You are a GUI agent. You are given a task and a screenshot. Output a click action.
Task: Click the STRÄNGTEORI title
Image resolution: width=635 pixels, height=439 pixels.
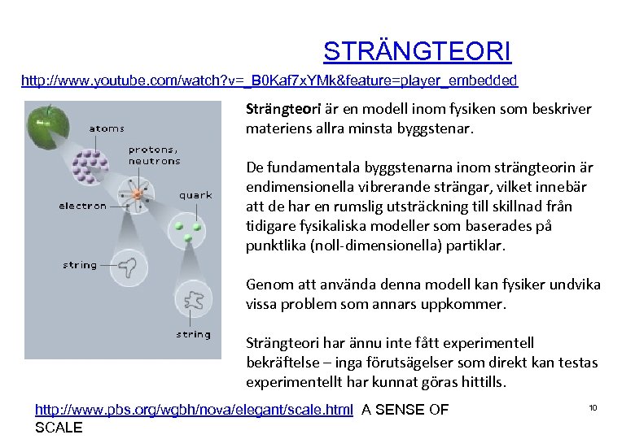417,51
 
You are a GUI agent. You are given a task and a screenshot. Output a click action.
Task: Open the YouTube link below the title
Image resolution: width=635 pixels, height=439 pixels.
269,80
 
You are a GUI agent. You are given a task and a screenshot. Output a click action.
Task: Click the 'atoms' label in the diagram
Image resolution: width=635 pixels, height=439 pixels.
107,128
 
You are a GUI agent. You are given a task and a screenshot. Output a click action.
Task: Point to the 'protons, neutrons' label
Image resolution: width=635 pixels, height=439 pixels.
154,155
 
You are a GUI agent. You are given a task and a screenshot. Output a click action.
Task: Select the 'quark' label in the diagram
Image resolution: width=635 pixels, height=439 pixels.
195,195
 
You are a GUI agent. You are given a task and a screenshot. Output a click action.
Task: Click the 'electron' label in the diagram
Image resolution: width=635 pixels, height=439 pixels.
82,206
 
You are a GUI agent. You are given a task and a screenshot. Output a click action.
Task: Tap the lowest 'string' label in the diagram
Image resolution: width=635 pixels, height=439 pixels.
194,334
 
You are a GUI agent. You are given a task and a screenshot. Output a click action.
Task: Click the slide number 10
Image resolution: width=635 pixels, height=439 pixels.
593,407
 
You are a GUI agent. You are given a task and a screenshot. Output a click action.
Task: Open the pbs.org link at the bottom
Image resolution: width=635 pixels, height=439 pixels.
194,410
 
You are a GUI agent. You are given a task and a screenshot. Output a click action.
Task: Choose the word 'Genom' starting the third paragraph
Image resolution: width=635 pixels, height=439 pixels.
266,285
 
